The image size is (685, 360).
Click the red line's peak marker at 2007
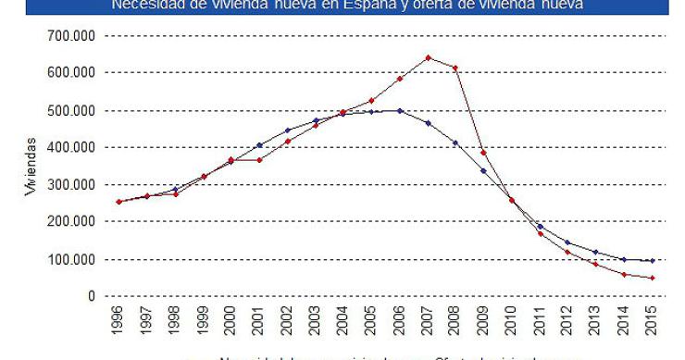[429, 57]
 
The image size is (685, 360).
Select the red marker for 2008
[455, 68]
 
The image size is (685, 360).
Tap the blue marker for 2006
[399, 110]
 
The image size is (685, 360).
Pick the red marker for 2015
[654, 278]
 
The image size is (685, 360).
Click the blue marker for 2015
[654, 261]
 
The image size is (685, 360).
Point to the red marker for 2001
[260, 160]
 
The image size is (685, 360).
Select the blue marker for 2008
[455, 143]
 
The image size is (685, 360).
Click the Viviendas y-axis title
[32, 167]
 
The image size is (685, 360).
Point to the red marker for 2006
[399, 79]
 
